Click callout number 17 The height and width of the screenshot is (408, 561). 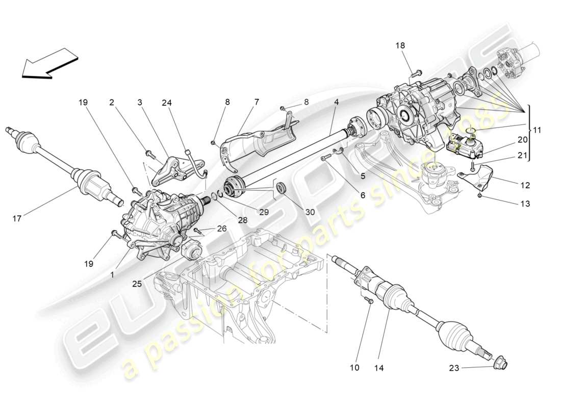click(x=17, y=219)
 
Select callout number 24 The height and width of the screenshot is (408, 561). click(x=167, y=102)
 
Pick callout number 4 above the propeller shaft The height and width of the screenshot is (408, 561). click(x=337, y=102)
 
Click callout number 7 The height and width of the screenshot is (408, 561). click(x=257, y=102)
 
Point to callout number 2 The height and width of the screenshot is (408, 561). click(x=111, y=102)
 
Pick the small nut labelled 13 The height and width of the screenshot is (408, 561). click(x=480, y=196)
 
